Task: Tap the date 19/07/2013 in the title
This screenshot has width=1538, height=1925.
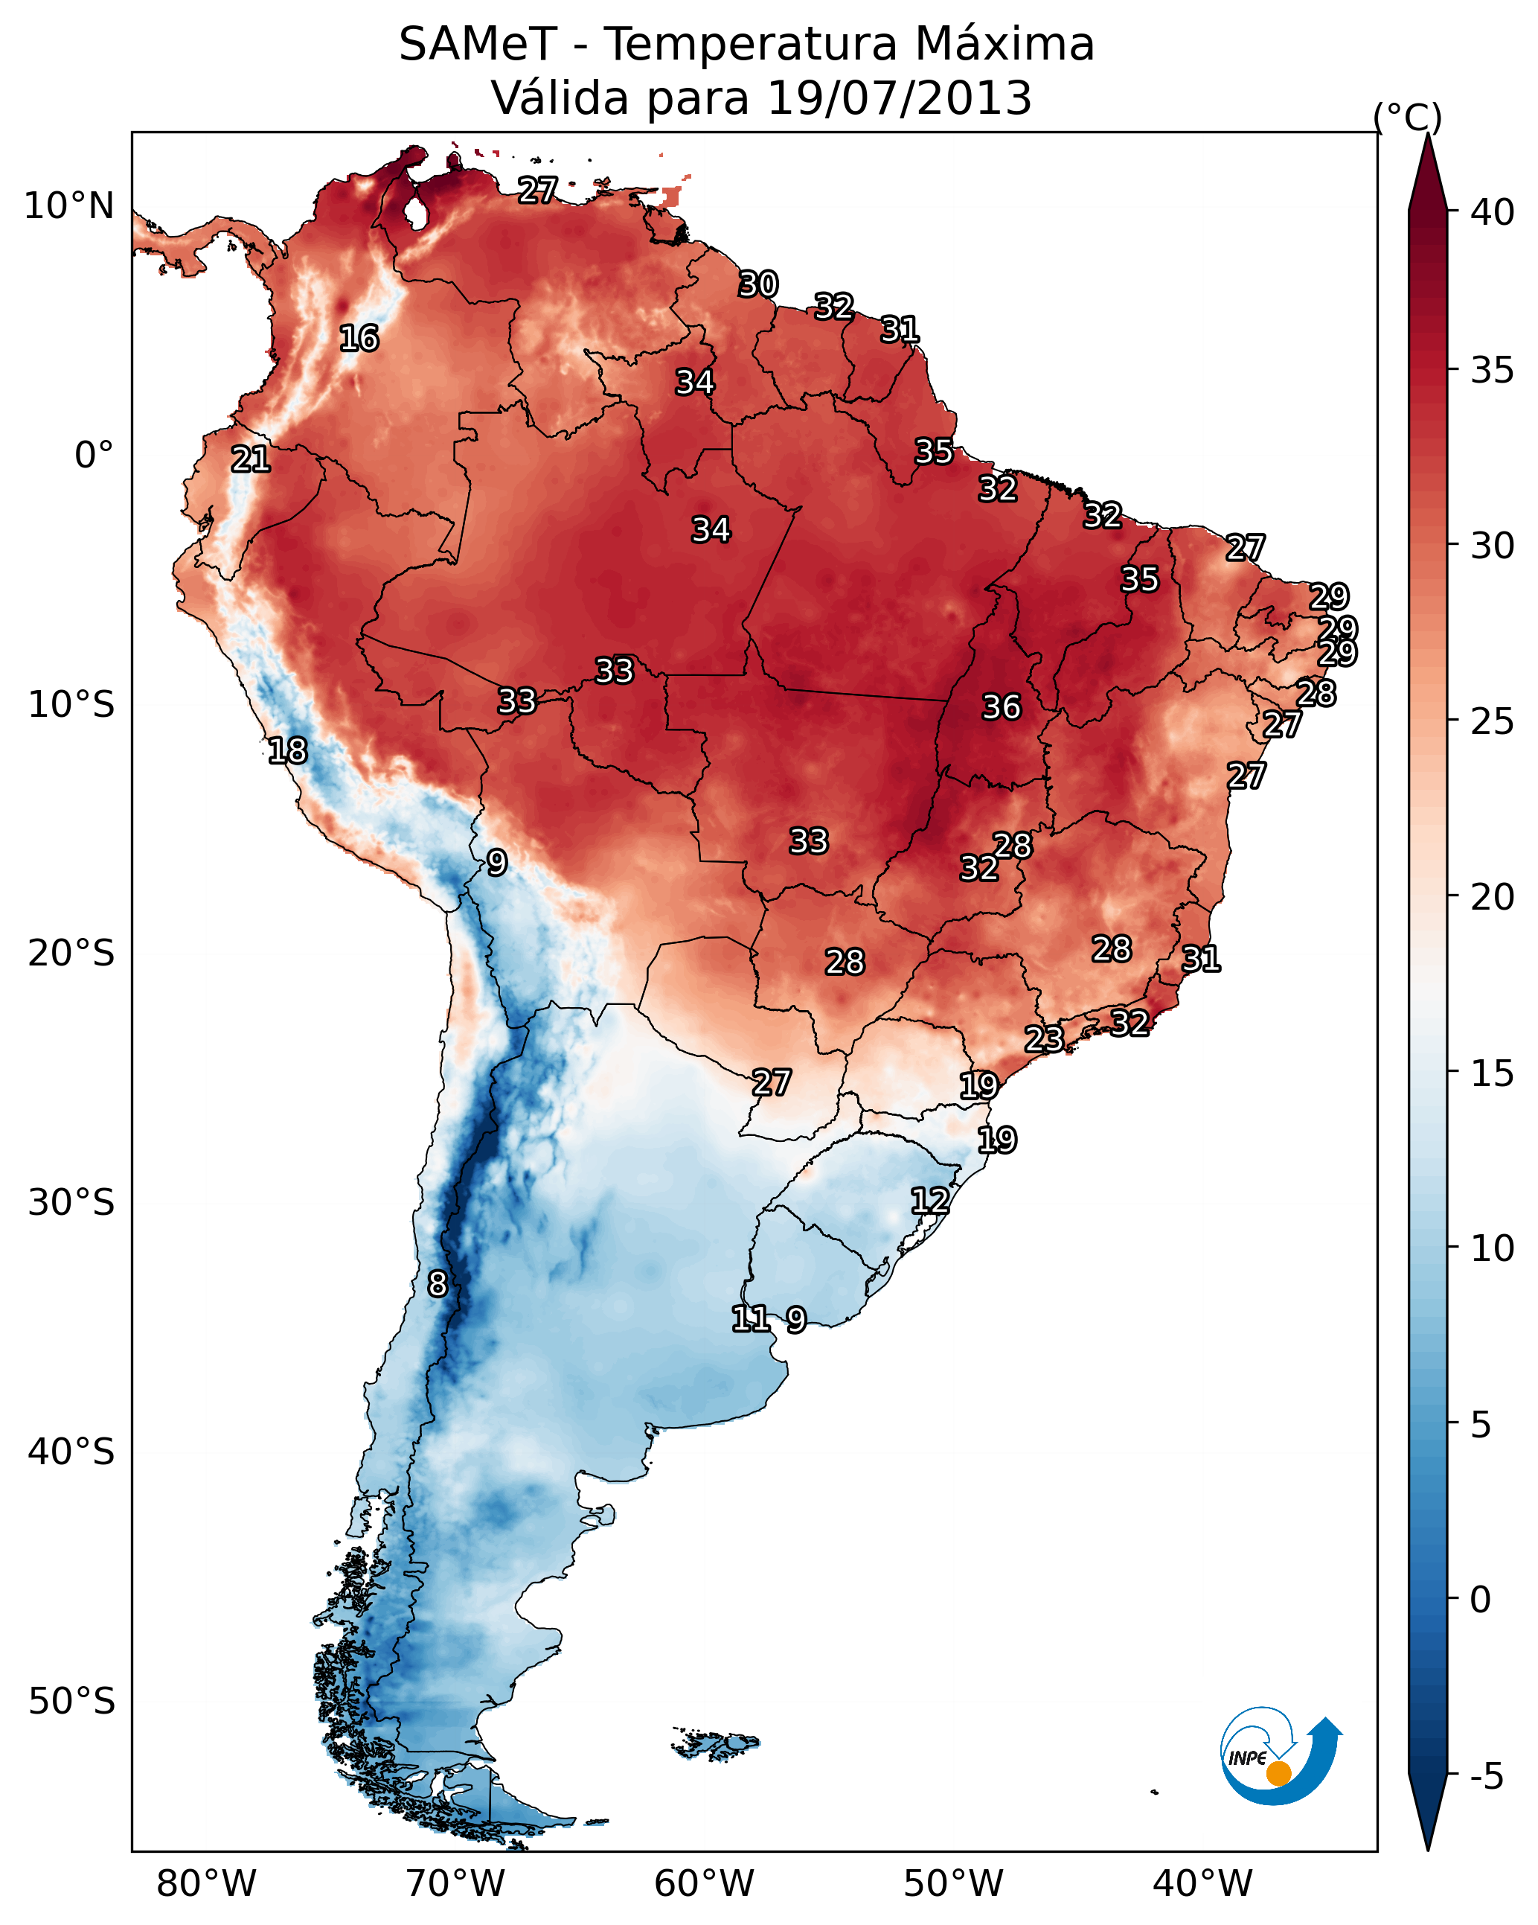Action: (x=899, y=98)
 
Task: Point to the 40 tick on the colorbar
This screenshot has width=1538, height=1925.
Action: (x=1493, y=212)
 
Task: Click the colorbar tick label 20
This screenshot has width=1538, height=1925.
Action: (x=1493, y=896)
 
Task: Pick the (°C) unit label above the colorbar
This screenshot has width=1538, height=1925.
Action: (x=1407, y=117)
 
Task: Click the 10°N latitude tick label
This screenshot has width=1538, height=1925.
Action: (x=68, y=206)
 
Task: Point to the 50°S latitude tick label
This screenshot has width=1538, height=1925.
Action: (x=71, y=1701)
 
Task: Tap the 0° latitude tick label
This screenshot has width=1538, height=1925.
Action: (x=94, y=456)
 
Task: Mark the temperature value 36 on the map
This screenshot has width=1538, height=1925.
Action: (x=1001, y=707)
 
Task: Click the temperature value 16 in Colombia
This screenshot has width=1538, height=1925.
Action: (x=359, y=339)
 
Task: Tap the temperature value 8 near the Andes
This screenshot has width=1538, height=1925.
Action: (x=438, y=1284)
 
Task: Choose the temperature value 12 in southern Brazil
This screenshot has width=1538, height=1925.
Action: (x=929, y=1200)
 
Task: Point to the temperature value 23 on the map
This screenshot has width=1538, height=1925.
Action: (x=1043, y=1038)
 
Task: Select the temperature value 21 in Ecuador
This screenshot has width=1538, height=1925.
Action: (x=251, y=460)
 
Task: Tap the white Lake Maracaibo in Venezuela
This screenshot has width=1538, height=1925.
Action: (x=414, y=214)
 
